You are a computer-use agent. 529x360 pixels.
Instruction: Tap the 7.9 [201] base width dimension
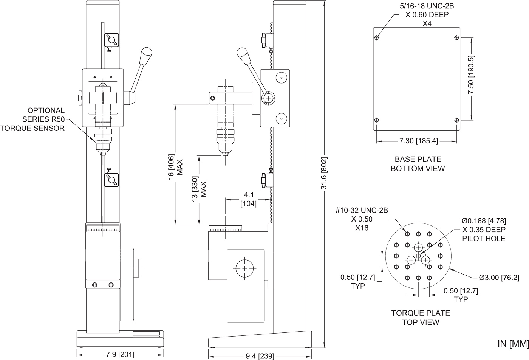(x=120, y=355)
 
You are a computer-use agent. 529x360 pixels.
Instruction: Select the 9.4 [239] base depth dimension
(x=260, y=356)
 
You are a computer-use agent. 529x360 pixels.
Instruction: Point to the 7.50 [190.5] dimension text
(x=471, y=76)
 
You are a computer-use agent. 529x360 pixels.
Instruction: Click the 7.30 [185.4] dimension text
(x=419, y=141)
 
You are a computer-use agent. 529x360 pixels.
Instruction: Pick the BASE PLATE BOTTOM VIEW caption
(x=418, y=164)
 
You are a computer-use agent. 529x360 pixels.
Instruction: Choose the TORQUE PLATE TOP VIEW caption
(x=421, y=318)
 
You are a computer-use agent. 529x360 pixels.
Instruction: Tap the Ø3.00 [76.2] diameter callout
(x=499, y=277)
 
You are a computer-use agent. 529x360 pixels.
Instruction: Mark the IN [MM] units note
(x=513, y=344)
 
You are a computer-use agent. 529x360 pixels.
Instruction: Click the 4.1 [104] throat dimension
(x=248, y=199)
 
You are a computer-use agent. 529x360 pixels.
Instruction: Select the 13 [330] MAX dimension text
(x=199, y=189)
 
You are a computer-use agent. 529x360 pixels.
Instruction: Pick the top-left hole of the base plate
(x=376, y=38)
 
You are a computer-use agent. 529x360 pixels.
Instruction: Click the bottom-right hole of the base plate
(x=457, y=120)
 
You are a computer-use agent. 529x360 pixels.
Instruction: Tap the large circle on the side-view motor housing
(x=245, y=268)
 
